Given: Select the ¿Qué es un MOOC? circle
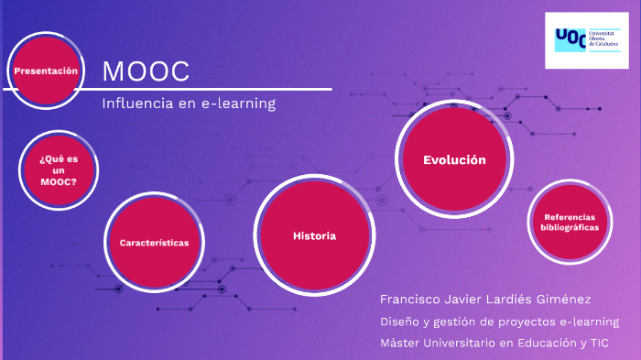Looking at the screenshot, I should pyautogui.click(x=58, y=169).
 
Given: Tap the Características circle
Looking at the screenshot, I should pyautogui.click(x=154, y=243).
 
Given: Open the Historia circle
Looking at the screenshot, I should pyautogui.click(x=314, y=236).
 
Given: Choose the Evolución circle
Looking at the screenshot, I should pyautogui.click(x=453, y=160).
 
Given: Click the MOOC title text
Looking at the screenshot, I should pyautogui.click(x=146, y=71).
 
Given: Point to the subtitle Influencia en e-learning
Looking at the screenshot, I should pyautogui.click(x=189, y=104).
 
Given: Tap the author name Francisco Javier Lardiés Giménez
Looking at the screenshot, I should pyautogui.click(x=484, y=300).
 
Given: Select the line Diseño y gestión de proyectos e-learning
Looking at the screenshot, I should pyautogui.click(x=499, y=322).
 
